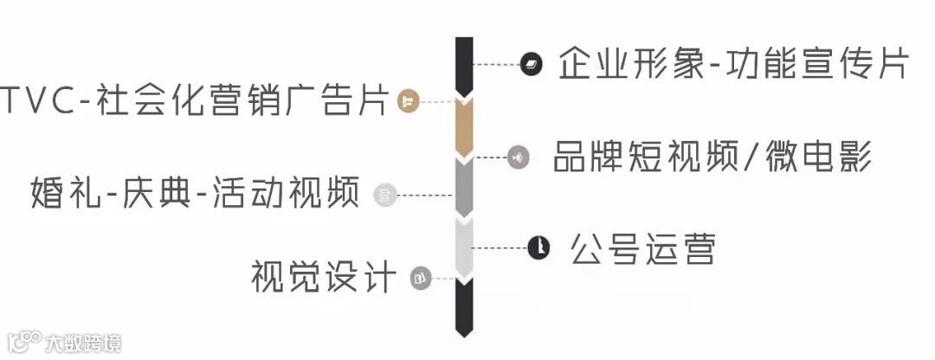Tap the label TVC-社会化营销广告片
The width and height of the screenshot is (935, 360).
pyautogui.click(x=194, y=100)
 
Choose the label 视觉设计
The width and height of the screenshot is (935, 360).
pyautogui.click(x=323, y=277)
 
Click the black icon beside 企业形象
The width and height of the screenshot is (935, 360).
pyautogui.click(x=531, y=65)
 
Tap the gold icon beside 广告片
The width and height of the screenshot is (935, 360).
pyautogui.click(x=408, y=101)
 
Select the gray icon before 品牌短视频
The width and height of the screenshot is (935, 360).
pyautogui.click(x=518, y=157)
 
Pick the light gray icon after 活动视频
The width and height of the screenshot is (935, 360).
pyautogui.click(x=384, y=196)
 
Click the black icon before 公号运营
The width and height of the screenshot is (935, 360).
pyautogui.click(x=538, y=248)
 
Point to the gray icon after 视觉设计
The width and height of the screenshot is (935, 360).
pyautogui.click(x=420, y=278)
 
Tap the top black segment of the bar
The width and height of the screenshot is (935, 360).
pyautogui.click(x=464, y=65)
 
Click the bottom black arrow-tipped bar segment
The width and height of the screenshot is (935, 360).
pyautogui.click(x=464, y=307)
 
